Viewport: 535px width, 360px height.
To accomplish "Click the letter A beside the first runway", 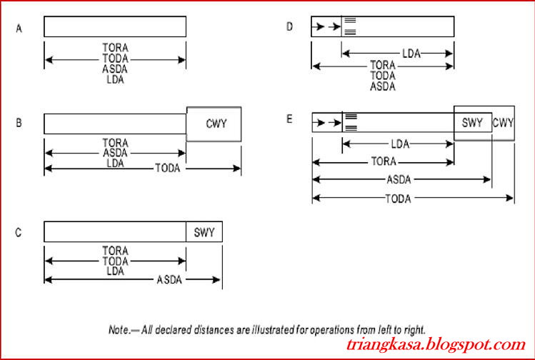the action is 19,29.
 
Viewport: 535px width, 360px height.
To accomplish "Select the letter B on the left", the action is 19,123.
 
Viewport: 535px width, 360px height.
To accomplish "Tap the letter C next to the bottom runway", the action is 19,233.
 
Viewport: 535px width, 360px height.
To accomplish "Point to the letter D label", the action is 289,26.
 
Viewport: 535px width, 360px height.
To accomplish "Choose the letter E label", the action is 289,119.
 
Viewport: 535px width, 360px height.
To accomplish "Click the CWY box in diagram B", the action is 214,124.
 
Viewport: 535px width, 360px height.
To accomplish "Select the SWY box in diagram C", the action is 204,232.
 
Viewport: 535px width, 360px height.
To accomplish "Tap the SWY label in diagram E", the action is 472,123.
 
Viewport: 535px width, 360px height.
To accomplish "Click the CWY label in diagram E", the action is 504,123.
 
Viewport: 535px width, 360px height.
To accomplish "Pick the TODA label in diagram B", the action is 168,169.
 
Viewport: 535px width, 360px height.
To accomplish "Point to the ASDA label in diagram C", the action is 169,280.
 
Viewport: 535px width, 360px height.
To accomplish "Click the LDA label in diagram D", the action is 411,54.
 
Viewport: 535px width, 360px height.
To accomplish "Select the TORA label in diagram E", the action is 384,161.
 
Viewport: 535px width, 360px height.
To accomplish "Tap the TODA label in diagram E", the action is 398,199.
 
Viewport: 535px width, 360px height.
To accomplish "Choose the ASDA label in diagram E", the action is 399,179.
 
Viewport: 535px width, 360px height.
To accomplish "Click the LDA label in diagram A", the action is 115,80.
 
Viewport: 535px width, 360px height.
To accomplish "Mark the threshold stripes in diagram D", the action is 351,26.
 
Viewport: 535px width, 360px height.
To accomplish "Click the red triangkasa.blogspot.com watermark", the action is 436,344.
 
